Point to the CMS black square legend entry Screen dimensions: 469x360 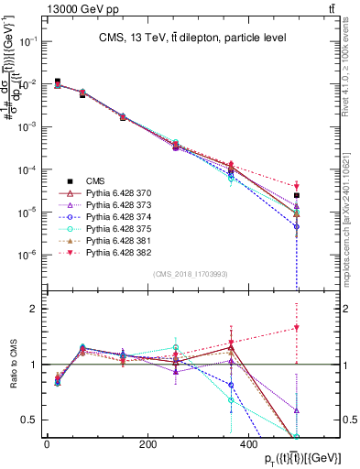(x=84, y=180)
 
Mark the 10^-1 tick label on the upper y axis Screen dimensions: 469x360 (x=27, y=41)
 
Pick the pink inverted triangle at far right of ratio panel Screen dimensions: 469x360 (x=297, y=328)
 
